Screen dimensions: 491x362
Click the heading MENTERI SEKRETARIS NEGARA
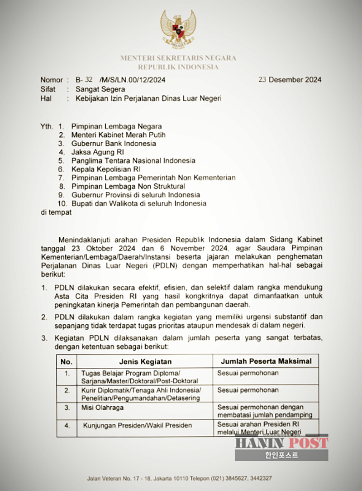(178, 58)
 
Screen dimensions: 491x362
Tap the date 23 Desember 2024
(290, 80)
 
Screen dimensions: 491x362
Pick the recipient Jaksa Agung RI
(97, 152)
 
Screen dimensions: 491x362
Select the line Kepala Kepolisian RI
(106, 169)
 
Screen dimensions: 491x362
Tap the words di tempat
(56, 212)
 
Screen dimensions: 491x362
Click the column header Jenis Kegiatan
(145, 361)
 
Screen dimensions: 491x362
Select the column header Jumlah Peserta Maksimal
(266, 361)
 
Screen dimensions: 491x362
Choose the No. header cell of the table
(67, 361)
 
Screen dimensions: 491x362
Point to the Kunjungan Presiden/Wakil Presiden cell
(137, 425)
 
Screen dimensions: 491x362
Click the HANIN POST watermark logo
(281, 445)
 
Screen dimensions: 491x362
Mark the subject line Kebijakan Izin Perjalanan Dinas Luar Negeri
(148, 98)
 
